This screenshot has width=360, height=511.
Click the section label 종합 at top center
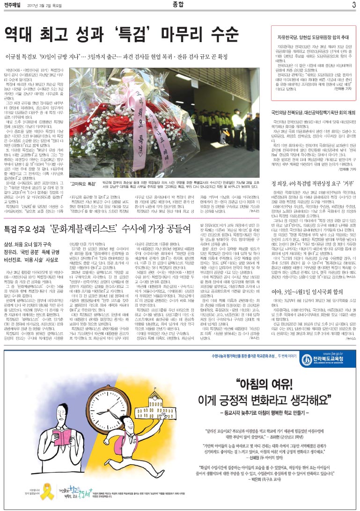coord(180,5)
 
